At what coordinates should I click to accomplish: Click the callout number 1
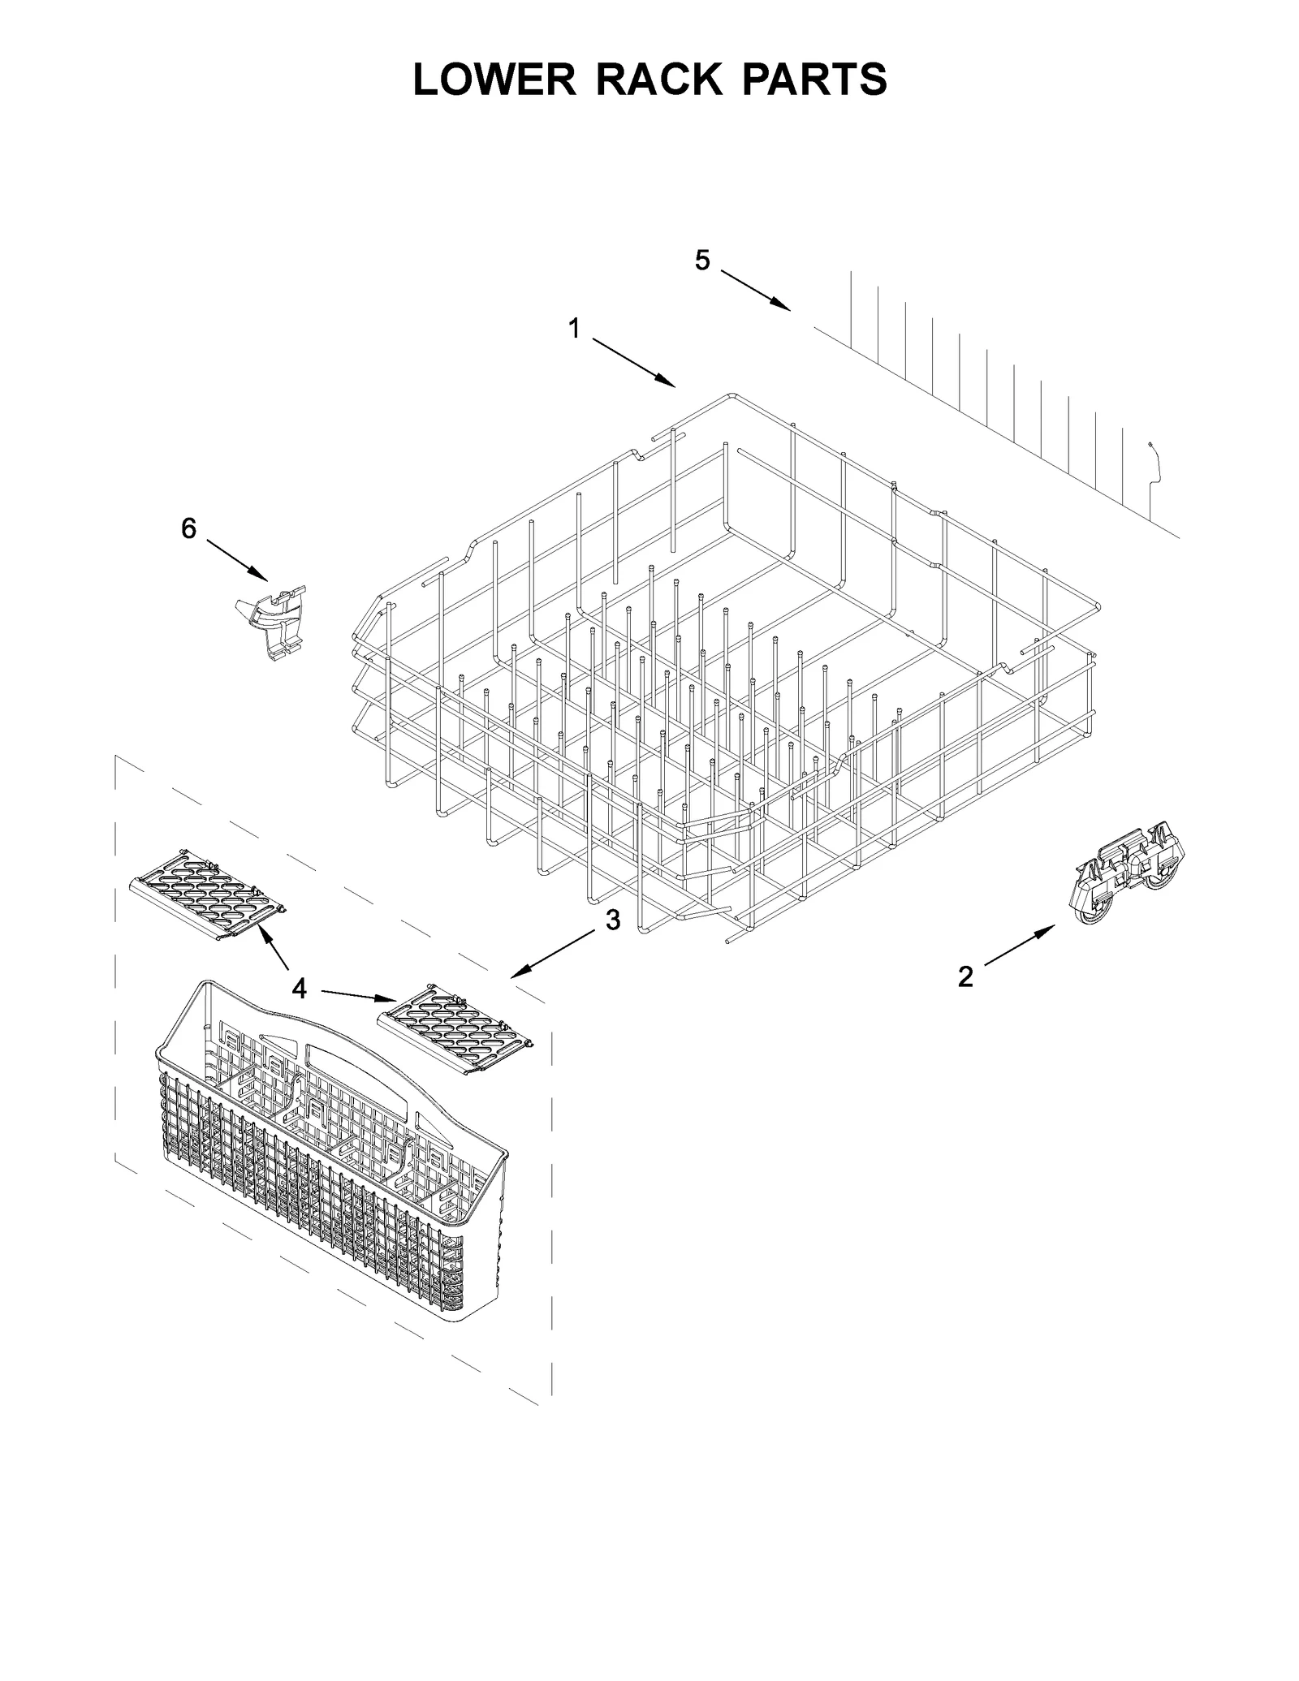574,329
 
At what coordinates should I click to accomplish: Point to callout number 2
965,976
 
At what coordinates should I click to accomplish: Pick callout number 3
613,920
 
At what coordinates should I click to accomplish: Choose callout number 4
300,988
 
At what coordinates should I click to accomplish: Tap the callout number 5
702,260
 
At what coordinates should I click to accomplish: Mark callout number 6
188,528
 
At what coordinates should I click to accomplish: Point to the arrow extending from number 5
755,290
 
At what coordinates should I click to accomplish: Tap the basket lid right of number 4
458,1032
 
